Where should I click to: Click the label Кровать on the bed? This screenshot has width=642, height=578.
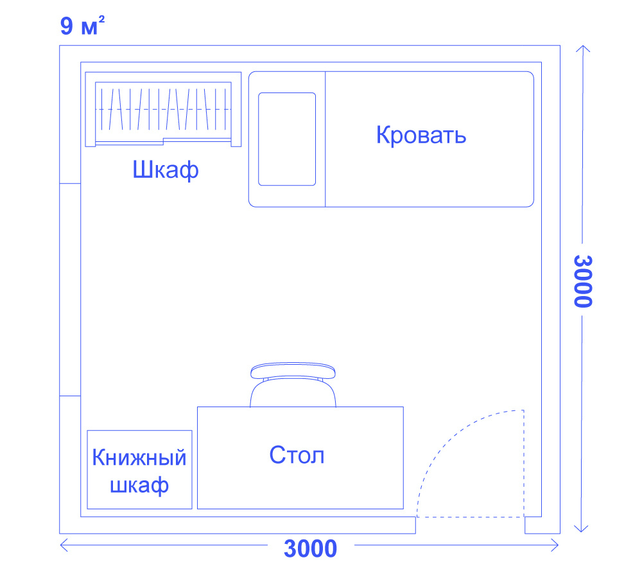421,136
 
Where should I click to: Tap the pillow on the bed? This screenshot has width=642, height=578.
287,139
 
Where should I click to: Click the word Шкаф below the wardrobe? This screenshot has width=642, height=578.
165,171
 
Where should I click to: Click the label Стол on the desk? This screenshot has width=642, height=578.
297,455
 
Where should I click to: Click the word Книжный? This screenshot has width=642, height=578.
139,458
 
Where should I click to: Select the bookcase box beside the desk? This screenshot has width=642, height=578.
140,469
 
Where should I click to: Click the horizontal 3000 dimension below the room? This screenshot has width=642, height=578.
310,548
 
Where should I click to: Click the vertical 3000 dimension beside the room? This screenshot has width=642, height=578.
582,281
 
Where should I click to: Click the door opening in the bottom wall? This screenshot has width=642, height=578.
471,525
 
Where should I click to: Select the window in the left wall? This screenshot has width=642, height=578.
70,289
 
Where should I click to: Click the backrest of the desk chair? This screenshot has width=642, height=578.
293,371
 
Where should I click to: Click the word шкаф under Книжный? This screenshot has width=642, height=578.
139,486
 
